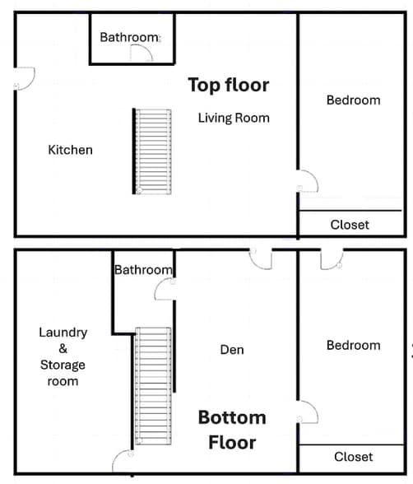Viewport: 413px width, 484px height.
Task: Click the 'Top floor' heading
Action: [x=228, y=85]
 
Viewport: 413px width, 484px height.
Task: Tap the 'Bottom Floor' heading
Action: [x=231, y=430]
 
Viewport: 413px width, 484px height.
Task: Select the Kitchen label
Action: [x=70, y=150]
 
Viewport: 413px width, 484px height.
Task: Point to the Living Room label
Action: [x=234, y=118]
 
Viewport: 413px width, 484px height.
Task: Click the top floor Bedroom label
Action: [x=353, y=100]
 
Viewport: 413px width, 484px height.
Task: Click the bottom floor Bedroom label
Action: [x=353, y=345]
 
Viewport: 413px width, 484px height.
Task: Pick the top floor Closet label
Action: [x=350, y=224]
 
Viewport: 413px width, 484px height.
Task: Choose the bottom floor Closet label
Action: [x=353, y=457]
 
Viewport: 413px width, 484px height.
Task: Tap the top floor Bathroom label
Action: [x=129, y=37]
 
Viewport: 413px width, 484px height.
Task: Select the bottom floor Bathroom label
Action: [x=143, y=269]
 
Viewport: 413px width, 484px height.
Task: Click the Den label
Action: [x=232, y=350]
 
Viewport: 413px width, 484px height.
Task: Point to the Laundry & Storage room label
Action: [x=63, y=356]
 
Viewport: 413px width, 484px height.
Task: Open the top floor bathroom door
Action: [x=142, y=54]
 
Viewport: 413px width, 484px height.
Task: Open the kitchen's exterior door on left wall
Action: [x=23, y=79]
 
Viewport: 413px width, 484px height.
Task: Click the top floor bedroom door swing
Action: [x=306, y=180]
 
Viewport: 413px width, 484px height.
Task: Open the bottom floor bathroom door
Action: [x=166, y=289]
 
